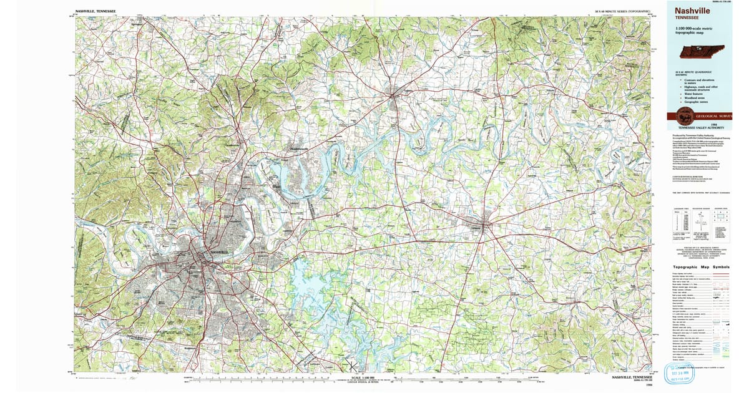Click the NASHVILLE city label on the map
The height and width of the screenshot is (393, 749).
coord(220,251)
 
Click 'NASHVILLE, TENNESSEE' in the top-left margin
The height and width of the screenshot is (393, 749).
coord(95,11)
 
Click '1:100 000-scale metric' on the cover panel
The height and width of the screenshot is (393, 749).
coord(691,29)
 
